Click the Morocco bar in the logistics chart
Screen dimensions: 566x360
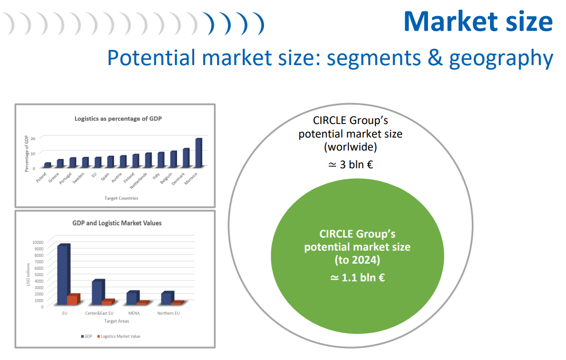click(x=198, y=153)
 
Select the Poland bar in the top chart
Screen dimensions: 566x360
click(x=47, y=165)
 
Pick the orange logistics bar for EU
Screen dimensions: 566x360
click(x=73, y=300)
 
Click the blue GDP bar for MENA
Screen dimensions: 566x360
click(x=133, y=297)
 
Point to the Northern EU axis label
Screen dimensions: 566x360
click(x=168, y=314)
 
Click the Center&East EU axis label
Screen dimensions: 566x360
click(x=99, y=314)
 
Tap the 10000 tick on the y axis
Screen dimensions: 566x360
click(x=38, y=242)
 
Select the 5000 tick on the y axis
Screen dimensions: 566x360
click(x=39, y=275)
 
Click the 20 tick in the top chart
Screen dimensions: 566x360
click(x=33, y=139)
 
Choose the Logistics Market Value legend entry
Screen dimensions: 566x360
click(x=119, y=337)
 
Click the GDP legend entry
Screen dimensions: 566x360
click(x=86, y=337)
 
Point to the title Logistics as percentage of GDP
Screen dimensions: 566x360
click(x=118, y=119)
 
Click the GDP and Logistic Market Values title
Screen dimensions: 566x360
click(x=117, y=223)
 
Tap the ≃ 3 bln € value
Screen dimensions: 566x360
click(x=350, y=165)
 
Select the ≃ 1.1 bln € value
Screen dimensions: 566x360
click(x=357, y=278)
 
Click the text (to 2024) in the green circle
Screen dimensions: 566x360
click(x=357, y=260)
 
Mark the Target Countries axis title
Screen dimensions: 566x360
click(x=121, y=198)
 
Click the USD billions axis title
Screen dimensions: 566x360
click(x=28, y=275)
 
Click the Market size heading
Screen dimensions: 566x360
click(x=479, y=21)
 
